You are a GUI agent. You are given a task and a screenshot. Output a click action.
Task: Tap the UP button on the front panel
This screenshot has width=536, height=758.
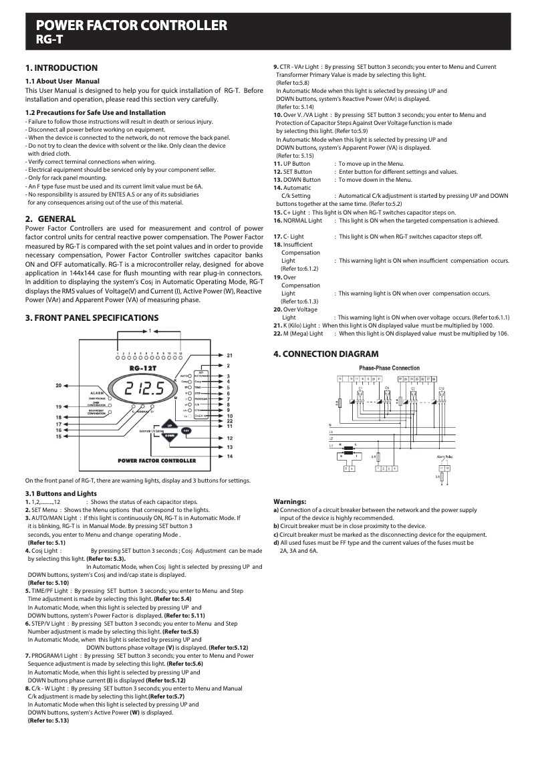170,424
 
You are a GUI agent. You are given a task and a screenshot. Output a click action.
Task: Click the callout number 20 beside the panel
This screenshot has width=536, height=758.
59,386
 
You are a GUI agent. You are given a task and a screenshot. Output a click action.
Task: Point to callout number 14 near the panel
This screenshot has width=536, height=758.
229,456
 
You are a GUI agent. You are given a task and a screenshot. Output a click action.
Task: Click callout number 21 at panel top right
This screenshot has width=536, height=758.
229,355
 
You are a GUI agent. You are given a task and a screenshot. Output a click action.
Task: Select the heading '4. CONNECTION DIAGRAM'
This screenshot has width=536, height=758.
325,354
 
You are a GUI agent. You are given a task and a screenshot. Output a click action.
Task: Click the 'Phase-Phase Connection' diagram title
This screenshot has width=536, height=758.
389,368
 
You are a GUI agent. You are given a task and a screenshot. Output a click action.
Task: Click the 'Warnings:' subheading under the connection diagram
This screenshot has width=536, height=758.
290,501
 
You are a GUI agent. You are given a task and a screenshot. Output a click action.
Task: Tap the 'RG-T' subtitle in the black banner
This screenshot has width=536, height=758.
49,39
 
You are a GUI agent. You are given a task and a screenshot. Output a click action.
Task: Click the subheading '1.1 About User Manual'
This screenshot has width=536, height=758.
62,81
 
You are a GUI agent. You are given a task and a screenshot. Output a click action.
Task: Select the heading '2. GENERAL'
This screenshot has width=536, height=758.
50,219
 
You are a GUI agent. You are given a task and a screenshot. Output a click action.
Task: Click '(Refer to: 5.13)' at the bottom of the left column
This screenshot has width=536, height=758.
48,721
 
